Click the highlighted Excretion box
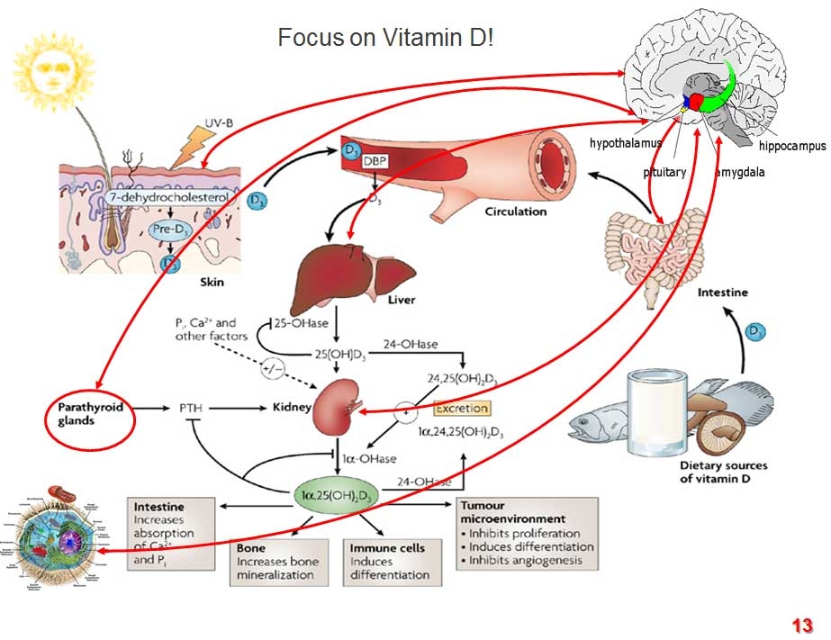pyautogui.click(x=461, y=409)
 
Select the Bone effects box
pyautogui.click(x=277, y=560)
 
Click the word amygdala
pyautogui.click(x=740, y=172)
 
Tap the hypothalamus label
pyautogui.click(x=626, y=143)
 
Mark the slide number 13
pyautogui.click(x=802, y=626)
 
